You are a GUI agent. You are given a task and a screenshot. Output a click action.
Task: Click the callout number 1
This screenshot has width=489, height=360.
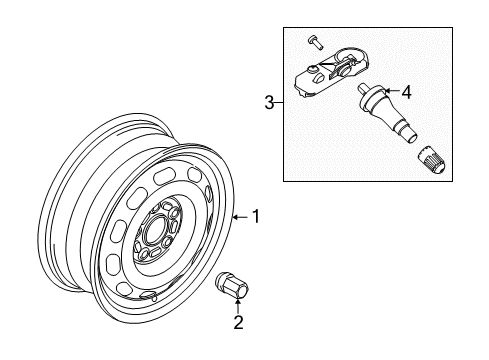[x=256, y=217]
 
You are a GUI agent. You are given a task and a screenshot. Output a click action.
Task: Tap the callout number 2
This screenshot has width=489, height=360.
[x=238, y=322]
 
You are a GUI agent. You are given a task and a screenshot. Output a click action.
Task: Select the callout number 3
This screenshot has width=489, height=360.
[x=269, y=102]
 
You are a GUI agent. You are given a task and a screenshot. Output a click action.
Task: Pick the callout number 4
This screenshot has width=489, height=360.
[x=406, y=92]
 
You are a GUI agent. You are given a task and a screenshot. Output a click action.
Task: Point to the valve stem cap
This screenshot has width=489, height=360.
[x=431, y=160]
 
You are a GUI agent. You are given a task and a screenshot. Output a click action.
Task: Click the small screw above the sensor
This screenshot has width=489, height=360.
[x=315, y=42]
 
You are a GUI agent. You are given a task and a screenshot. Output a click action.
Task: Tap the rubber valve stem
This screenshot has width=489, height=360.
[x=387, y=113]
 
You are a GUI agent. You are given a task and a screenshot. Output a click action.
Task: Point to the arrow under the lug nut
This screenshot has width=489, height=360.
[x=238, y=306]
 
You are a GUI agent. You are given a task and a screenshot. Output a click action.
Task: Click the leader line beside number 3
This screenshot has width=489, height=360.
[x=279, y=103]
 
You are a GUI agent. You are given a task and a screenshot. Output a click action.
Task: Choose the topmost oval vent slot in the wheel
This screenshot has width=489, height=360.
[x=164, y=176]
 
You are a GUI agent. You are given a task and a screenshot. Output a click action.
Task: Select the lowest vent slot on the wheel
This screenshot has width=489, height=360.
[x=149, y=294]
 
